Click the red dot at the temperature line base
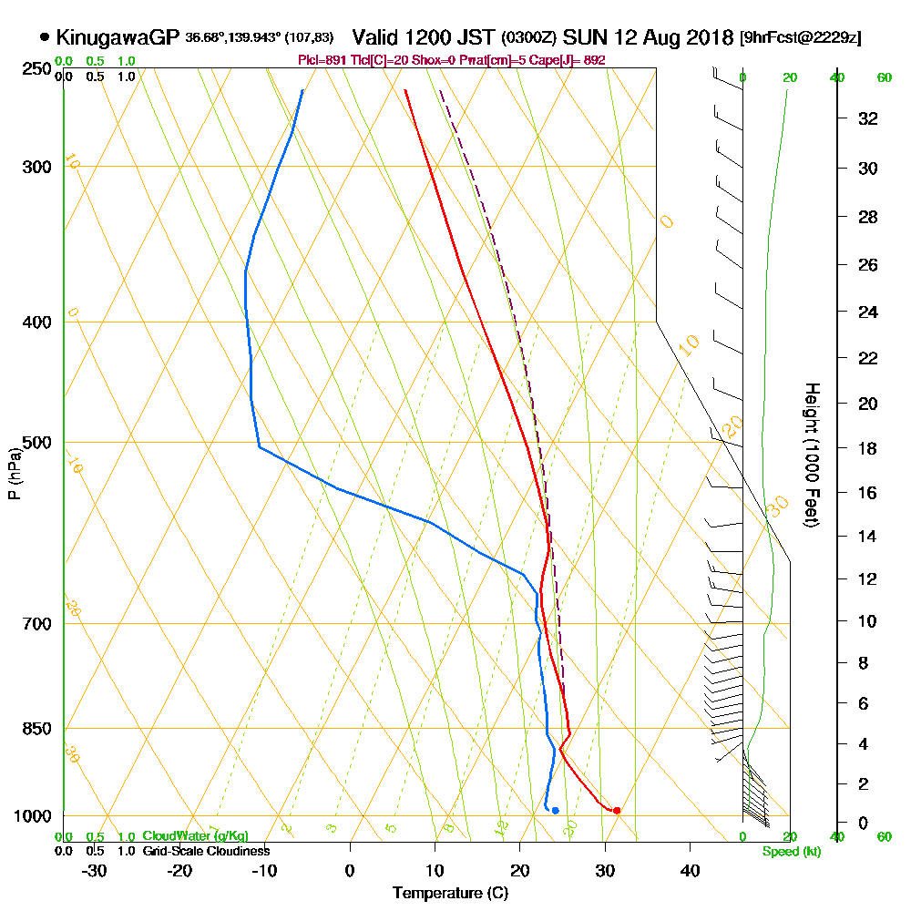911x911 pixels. point(617,810)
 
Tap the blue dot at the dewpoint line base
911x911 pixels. point(555,811)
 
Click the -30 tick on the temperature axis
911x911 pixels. point(95,870)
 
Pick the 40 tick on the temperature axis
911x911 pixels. point(690,870)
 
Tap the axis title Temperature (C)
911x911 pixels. point(450,894)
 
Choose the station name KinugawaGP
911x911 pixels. point(118,37)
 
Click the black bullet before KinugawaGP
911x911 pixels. point(45,37)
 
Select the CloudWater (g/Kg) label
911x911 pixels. point(195,836)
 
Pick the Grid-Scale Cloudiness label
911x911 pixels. point(206,851)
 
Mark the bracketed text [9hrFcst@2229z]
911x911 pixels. point(802,37)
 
